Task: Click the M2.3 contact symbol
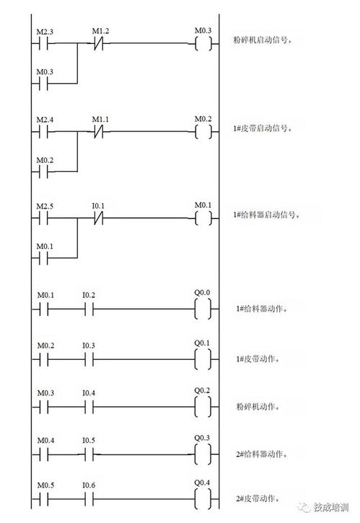tap(43, 43)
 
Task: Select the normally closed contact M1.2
tap(98, 43)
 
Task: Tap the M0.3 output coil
tap(203, 43)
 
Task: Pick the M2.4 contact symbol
tap(43, 131)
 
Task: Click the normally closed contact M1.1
tap(98, 131)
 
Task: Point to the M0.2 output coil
tap(203, 131)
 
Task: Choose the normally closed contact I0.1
tap(98, 219)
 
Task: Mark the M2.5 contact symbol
tap(43, 219)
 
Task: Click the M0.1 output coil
tap(203, 219)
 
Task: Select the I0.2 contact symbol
tap(89, 309)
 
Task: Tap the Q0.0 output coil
tap(203, 309)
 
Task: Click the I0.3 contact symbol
tap(89, 359)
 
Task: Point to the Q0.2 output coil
tap(203, 407)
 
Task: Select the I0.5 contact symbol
tap(89, 454)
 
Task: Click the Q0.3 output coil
tap(203, 454)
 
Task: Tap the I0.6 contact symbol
tap(89, 499)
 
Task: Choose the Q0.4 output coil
tap(203, 499)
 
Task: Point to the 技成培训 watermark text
tap(331, 508)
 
